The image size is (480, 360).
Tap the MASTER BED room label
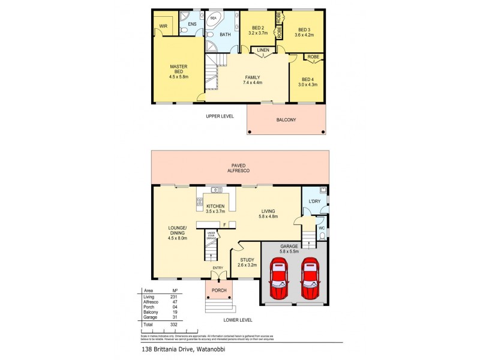(179, 67)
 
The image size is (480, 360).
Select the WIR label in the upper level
(163, 26)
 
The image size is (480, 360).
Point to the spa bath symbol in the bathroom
(214, 19)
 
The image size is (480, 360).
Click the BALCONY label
(286, 119)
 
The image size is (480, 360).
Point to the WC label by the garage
(321, 228)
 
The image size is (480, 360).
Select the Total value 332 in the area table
(175, 323)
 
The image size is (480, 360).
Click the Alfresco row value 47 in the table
(175, 301)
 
